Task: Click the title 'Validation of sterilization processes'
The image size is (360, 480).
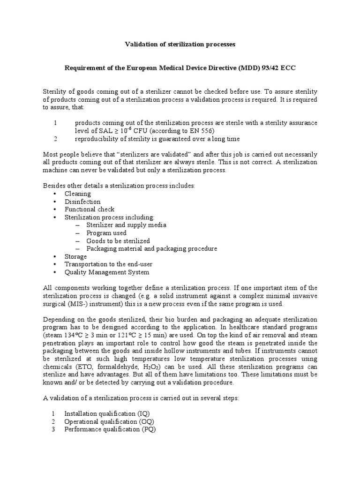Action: (x=180, y=44)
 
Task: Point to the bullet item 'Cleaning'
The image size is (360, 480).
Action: (x=77, y=194)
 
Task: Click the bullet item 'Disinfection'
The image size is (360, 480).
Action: (x=82, y=202)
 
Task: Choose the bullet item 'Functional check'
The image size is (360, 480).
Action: (x=89, y=209)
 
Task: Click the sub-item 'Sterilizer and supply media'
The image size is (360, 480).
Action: (x=126, y=225)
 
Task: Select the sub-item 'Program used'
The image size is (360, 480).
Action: (x=106, y=232)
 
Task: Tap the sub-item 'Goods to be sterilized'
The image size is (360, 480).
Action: (x=118, y=240)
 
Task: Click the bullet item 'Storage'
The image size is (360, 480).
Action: (x=75, y=256)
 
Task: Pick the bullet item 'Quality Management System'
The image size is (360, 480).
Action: (x=107, y=272)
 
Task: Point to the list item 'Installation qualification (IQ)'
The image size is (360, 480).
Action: (x=107, y=413)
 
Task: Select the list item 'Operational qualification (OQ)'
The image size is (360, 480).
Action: (x=108, y=421)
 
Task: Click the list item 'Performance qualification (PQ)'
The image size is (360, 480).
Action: (x=110, y=429)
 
